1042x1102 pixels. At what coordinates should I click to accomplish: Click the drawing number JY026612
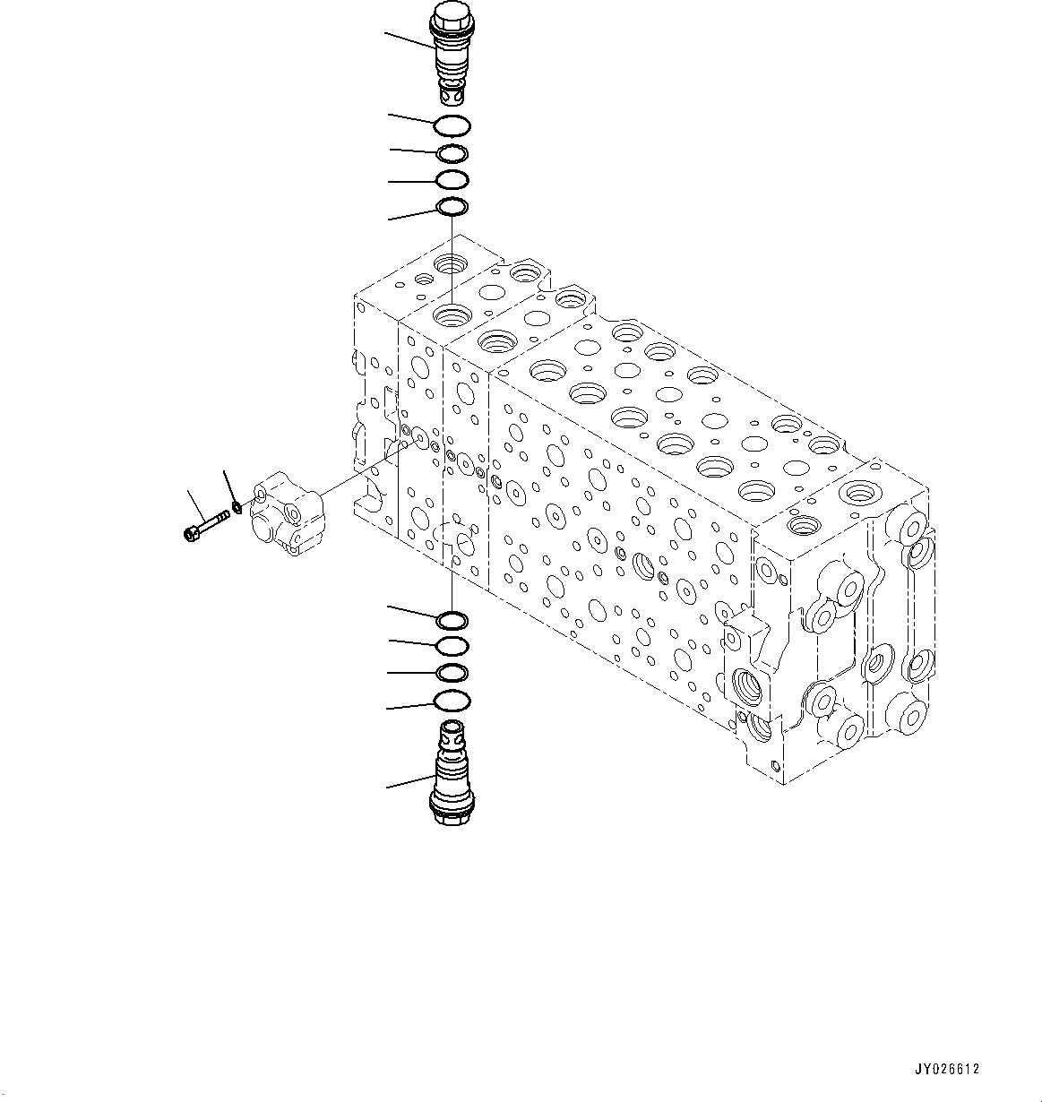click(x=947, y=1069)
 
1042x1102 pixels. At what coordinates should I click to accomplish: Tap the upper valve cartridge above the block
click(x=450, y=54)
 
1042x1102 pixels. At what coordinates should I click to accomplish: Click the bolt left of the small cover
click(x=206, y=523)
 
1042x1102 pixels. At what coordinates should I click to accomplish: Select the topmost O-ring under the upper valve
click(x=452, y=125)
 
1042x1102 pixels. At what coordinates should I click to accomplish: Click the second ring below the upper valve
click(x=452, y=154)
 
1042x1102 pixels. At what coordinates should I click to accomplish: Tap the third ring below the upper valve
click(x=452, y=180)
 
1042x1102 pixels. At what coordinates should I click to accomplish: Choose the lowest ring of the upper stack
click(x=452, y=209)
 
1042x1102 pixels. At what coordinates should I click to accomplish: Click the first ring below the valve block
click(x=452, y=620)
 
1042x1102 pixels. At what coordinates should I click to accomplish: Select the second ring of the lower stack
click(x=452, y=646)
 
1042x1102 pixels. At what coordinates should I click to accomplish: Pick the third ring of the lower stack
click(x=452, y=673)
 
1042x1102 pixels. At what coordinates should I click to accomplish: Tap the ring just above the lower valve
click(x=452, y=701)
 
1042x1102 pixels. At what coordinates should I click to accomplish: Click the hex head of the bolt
click(x=190, y=535)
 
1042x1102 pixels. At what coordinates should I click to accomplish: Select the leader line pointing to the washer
click(x=228, y=488)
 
